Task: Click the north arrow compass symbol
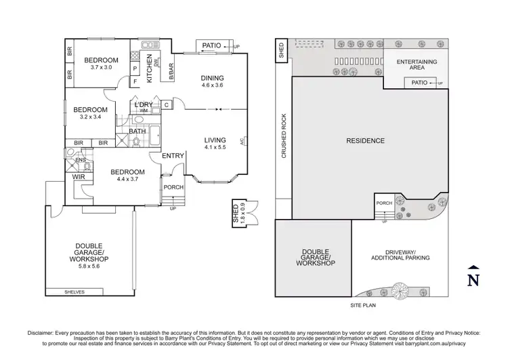(x=473, y=276)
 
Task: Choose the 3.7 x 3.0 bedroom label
(x=101, y=64)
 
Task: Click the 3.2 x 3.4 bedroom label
(x=90, y=113)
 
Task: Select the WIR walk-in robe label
(x=78, y=178)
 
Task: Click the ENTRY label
(x=173, y=156)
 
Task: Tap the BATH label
(x=137, y=131)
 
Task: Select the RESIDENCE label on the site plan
(x=365, y=141)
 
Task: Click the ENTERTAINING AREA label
(x=417, y=65)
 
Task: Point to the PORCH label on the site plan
(x=384, y=203)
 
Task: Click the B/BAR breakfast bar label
(x=171, y=70)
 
